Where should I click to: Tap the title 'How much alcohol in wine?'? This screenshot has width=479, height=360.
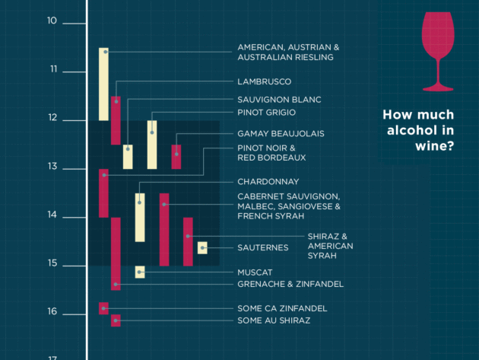pos(418,129)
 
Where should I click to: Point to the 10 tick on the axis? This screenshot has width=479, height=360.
pos(52,21)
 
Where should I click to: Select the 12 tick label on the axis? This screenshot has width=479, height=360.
pos(52,118)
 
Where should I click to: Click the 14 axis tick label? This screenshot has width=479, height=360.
pos(52,215)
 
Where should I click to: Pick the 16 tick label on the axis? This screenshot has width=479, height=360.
pos(52,312)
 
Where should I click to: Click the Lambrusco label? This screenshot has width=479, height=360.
pos(264,81)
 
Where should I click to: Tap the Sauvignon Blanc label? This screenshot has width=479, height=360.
pos(279,100)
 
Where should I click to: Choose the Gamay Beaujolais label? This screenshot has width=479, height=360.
pos(281,133)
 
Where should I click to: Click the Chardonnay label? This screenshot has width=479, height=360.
pos(268,182)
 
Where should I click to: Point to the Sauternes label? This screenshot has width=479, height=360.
pos(262,247)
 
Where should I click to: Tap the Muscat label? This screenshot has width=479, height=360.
pos(255,272)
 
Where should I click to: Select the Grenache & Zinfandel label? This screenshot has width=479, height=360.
pos(290,284)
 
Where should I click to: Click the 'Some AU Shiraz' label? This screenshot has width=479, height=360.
pos(274,320)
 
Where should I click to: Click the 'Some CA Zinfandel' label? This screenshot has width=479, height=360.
pos(282,308)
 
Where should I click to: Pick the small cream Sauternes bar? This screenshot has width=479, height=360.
pos(202,247)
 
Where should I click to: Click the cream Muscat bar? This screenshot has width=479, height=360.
pos(140,272)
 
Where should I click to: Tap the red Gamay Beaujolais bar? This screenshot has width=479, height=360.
pos(176,156)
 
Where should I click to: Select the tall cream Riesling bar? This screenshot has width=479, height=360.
pos(103,84)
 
